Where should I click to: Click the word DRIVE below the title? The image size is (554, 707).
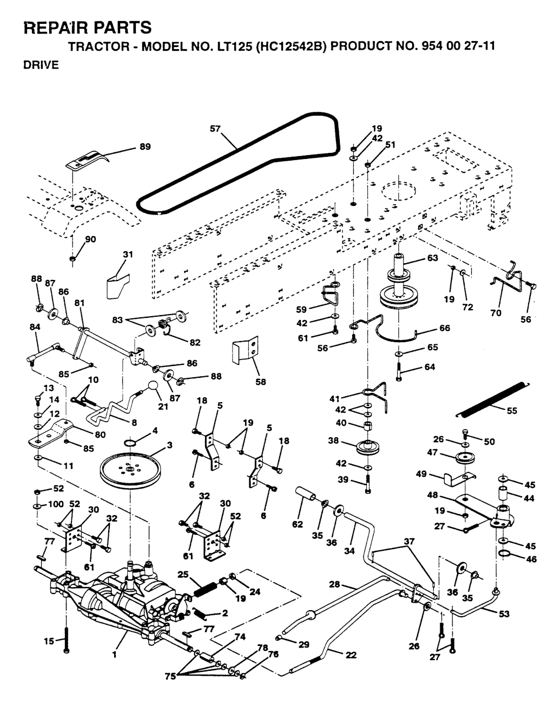pos(41,65)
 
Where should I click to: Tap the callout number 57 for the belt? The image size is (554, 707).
pos(215,129)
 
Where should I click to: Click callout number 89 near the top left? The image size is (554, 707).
pos(144,146)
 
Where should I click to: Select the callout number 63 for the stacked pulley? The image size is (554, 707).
pos(432,258)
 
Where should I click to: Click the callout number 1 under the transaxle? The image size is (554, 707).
pos(115,655)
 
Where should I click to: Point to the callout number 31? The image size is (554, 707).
pos(128,254)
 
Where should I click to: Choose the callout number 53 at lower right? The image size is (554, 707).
pos(503,613)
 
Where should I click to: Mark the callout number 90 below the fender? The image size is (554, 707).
pos(90,239)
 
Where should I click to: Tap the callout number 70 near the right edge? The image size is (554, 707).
pos(496,313)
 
